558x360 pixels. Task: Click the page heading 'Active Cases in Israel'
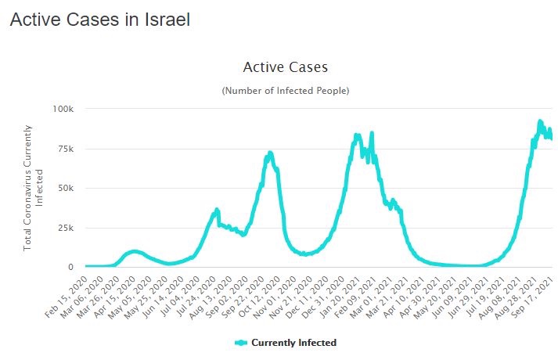click(99, 20)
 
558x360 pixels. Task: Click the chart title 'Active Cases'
click(285, 67)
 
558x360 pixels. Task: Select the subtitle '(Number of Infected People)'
click(285, 91)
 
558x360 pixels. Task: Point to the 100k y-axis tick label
click(63, 108)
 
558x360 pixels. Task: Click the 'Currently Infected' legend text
click(293, 343)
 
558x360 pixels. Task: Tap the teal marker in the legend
click(241, 343)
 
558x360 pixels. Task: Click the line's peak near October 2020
click(270, 152)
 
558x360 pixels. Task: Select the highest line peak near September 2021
click(540, 121)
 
